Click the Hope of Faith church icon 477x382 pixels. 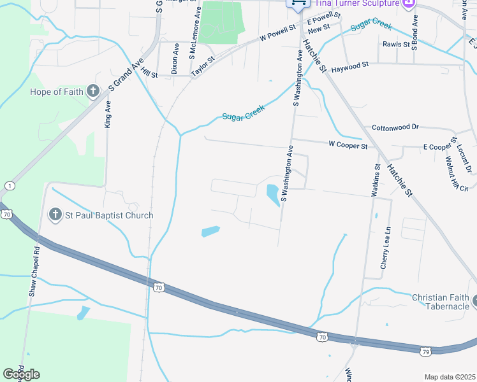tap(93, 91)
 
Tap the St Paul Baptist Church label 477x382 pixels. tap(109, 215)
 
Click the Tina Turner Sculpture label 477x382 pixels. tap(357, 3)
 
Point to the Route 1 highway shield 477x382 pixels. tap(9, 185)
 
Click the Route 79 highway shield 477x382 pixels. tap(425, 350)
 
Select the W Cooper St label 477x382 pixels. tap(348, 146)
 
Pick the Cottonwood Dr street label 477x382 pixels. tap(395, 127)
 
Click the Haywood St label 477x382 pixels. tap(350, 66)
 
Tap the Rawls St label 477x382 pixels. tap(396, 45)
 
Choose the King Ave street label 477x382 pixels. tap(107, 114)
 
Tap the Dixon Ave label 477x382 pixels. tap(175, 59)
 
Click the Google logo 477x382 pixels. tap(21, 374)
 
